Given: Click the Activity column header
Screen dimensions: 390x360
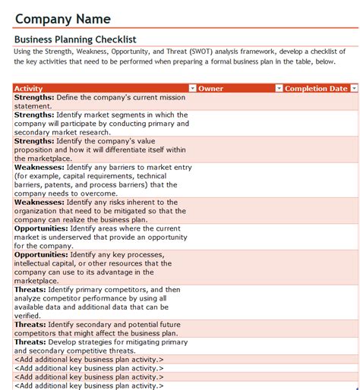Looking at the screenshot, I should [29, 89].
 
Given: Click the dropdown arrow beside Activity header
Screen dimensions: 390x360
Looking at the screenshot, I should [192, 89].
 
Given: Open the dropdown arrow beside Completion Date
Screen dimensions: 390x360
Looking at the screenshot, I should [354, 89].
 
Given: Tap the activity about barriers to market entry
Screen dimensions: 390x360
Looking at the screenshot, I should [102, 180].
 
